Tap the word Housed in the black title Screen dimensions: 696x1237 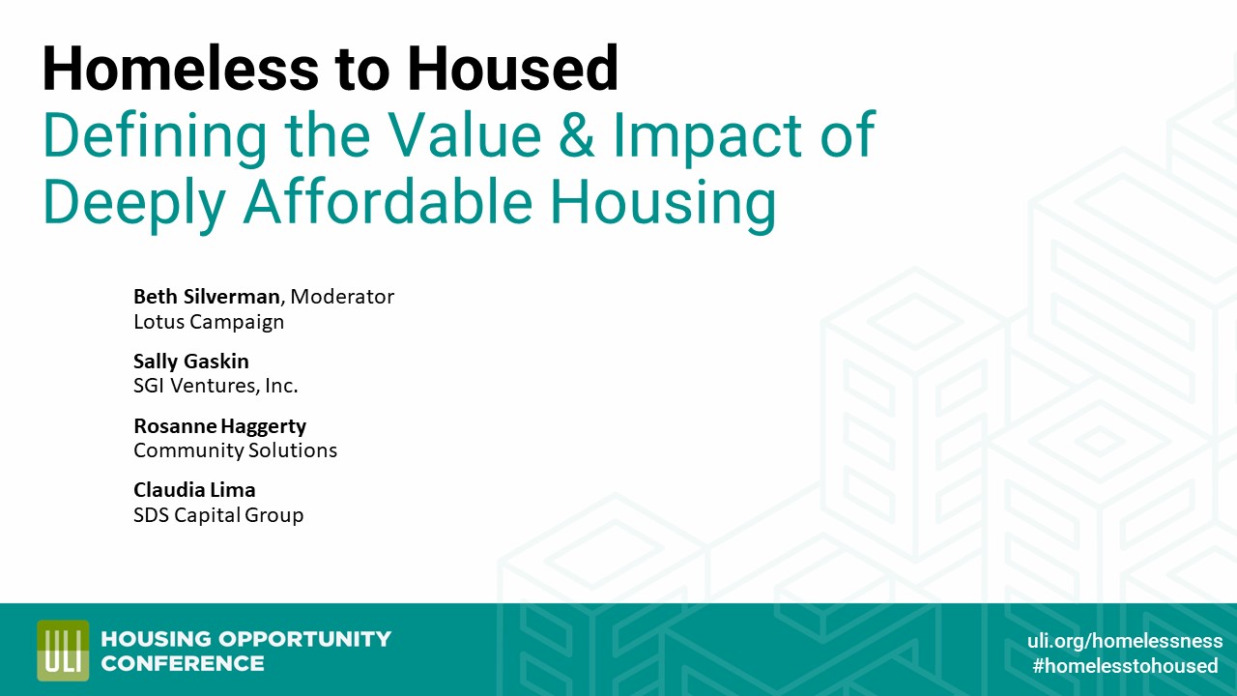point(512,70)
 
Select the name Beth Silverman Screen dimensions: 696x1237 point(206,297)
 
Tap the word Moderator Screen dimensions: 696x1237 point(342,297)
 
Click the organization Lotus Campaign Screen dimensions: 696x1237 point(209,322)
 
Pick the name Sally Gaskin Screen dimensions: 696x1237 point(191,362)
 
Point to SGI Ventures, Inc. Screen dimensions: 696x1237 point(216,386)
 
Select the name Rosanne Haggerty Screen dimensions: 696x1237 point(219,425)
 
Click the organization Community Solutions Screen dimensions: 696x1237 point(235,450)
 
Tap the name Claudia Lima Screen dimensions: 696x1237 point(194,490)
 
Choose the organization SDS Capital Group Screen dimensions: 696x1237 point(218,515)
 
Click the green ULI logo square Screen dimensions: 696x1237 point(63,651)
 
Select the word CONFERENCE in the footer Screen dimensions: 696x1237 point(183,663)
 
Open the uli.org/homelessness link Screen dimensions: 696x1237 point(1124,641)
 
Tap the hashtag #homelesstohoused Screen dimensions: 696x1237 point(1125,666)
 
